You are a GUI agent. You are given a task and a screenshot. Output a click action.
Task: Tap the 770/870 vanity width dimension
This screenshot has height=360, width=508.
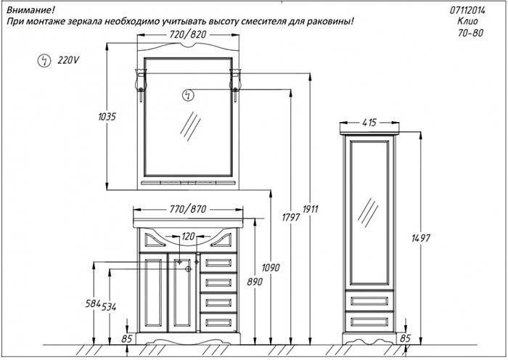187,209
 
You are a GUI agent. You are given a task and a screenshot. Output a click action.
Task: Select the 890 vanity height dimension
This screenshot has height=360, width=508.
250,280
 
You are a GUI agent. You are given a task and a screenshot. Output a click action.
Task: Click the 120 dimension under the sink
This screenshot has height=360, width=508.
188,237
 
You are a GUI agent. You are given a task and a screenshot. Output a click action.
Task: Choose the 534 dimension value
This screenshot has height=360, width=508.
110,306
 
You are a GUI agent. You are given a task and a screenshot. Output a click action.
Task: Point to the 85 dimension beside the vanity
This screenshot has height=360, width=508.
127,338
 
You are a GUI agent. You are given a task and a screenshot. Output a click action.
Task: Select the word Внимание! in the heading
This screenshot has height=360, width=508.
27,9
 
